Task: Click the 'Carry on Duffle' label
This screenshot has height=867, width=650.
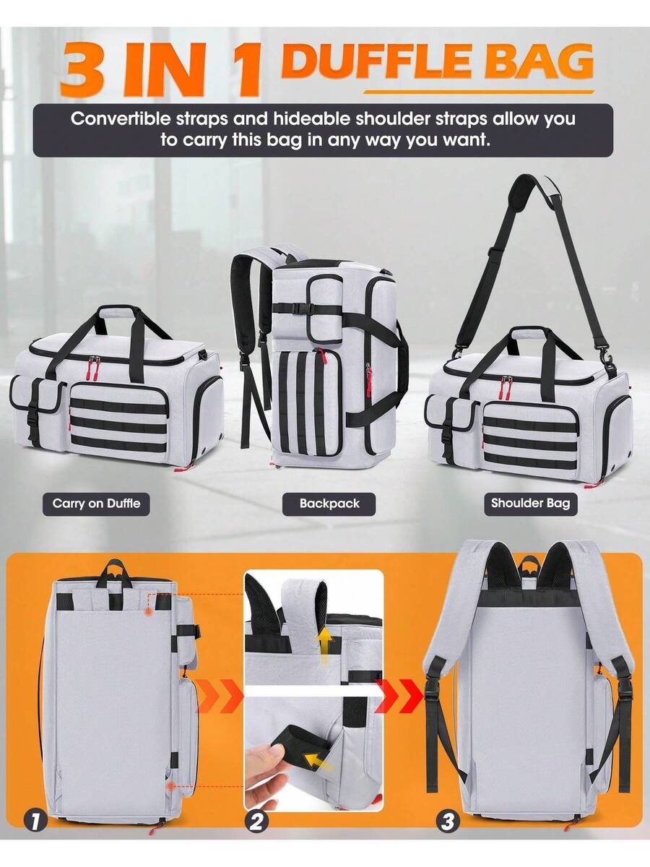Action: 96,504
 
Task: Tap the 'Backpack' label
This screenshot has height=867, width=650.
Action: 329,504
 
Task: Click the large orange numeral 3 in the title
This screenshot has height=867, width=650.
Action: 84,69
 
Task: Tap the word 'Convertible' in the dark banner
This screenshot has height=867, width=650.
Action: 121,118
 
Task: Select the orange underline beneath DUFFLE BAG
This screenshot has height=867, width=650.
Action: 479,92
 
